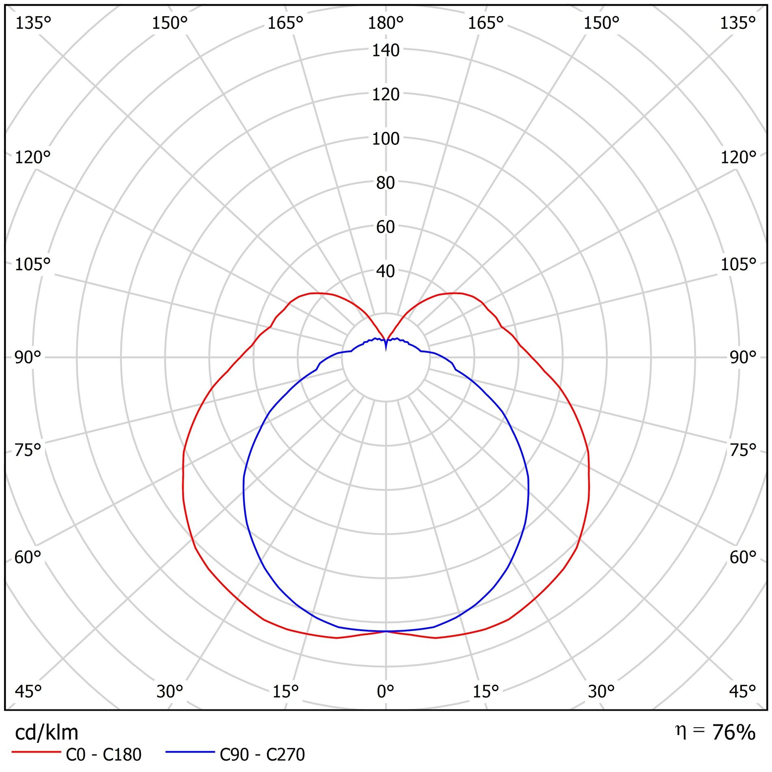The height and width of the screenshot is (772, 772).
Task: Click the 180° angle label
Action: point(385,23)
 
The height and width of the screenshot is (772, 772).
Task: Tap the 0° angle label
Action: point(385,691)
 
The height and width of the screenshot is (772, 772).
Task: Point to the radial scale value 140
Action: point(386,51)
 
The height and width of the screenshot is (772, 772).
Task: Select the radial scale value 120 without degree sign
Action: point(386,95)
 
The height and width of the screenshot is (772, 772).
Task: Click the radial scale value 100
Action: point(386,139)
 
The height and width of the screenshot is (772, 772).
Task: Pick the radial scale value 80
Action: point(386,183)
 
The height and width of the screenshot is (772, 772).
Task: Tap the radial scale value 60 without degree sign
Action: point(386,227)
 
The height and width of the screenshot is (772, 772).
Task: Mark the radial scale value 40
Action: point(386,271)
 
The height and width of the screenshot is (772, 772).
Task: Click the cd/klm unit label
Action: point(46,733)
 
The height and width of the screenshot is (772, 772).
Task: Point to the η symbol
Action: point(681,731)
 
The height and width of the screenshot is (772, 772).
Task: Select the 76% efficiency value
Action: point(734,732)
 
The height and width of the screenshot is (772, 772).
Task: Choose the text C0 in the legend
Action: point(76,755)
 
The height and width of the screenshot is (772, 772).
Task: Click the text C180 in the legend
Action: point(122,755)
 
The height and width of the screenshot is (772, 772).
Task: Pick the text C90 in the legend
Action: point(234,755)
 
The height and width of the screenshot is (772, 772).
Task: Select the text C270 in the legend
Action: point(285,755)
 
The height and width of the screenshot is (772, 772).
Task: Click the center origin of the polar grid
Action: point(386,357)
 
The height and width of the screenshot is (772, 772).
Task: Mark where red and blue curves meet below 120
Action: point(386,631)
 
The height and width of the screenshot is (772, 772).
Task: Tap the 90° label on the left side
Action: point(28,358)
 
